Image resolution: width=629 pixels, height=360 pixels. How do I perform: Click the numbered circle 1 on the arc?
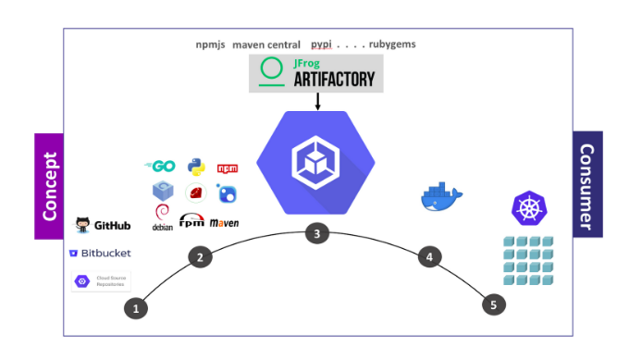pos(136,308)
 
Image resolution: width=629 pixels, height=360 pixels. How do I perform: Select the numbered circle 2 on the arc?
pos(199,257)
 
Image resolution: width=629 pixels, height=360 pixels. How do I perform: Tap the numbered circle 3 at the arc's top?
pos(316,234)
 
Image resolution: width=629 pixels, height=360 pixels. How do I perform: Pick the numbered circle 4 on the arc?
pos(427,256)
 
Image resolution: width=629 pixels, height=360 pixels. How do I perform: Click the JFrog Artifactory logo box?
pos(316,73)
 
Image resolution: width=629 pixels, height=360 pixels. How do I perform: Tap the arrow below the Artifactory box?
pos(316,102)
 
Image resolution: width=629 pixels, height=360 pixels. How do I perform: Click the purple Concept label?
pos(50,185)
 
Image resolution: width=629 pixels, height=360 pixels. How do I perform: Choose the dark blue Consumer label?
pos(586,184)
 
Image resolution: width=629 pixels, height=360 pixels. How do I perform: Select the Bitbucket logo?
pos(100,253)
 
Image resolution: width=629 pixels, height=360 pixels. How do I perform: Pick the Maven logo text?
pos(225,223)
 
